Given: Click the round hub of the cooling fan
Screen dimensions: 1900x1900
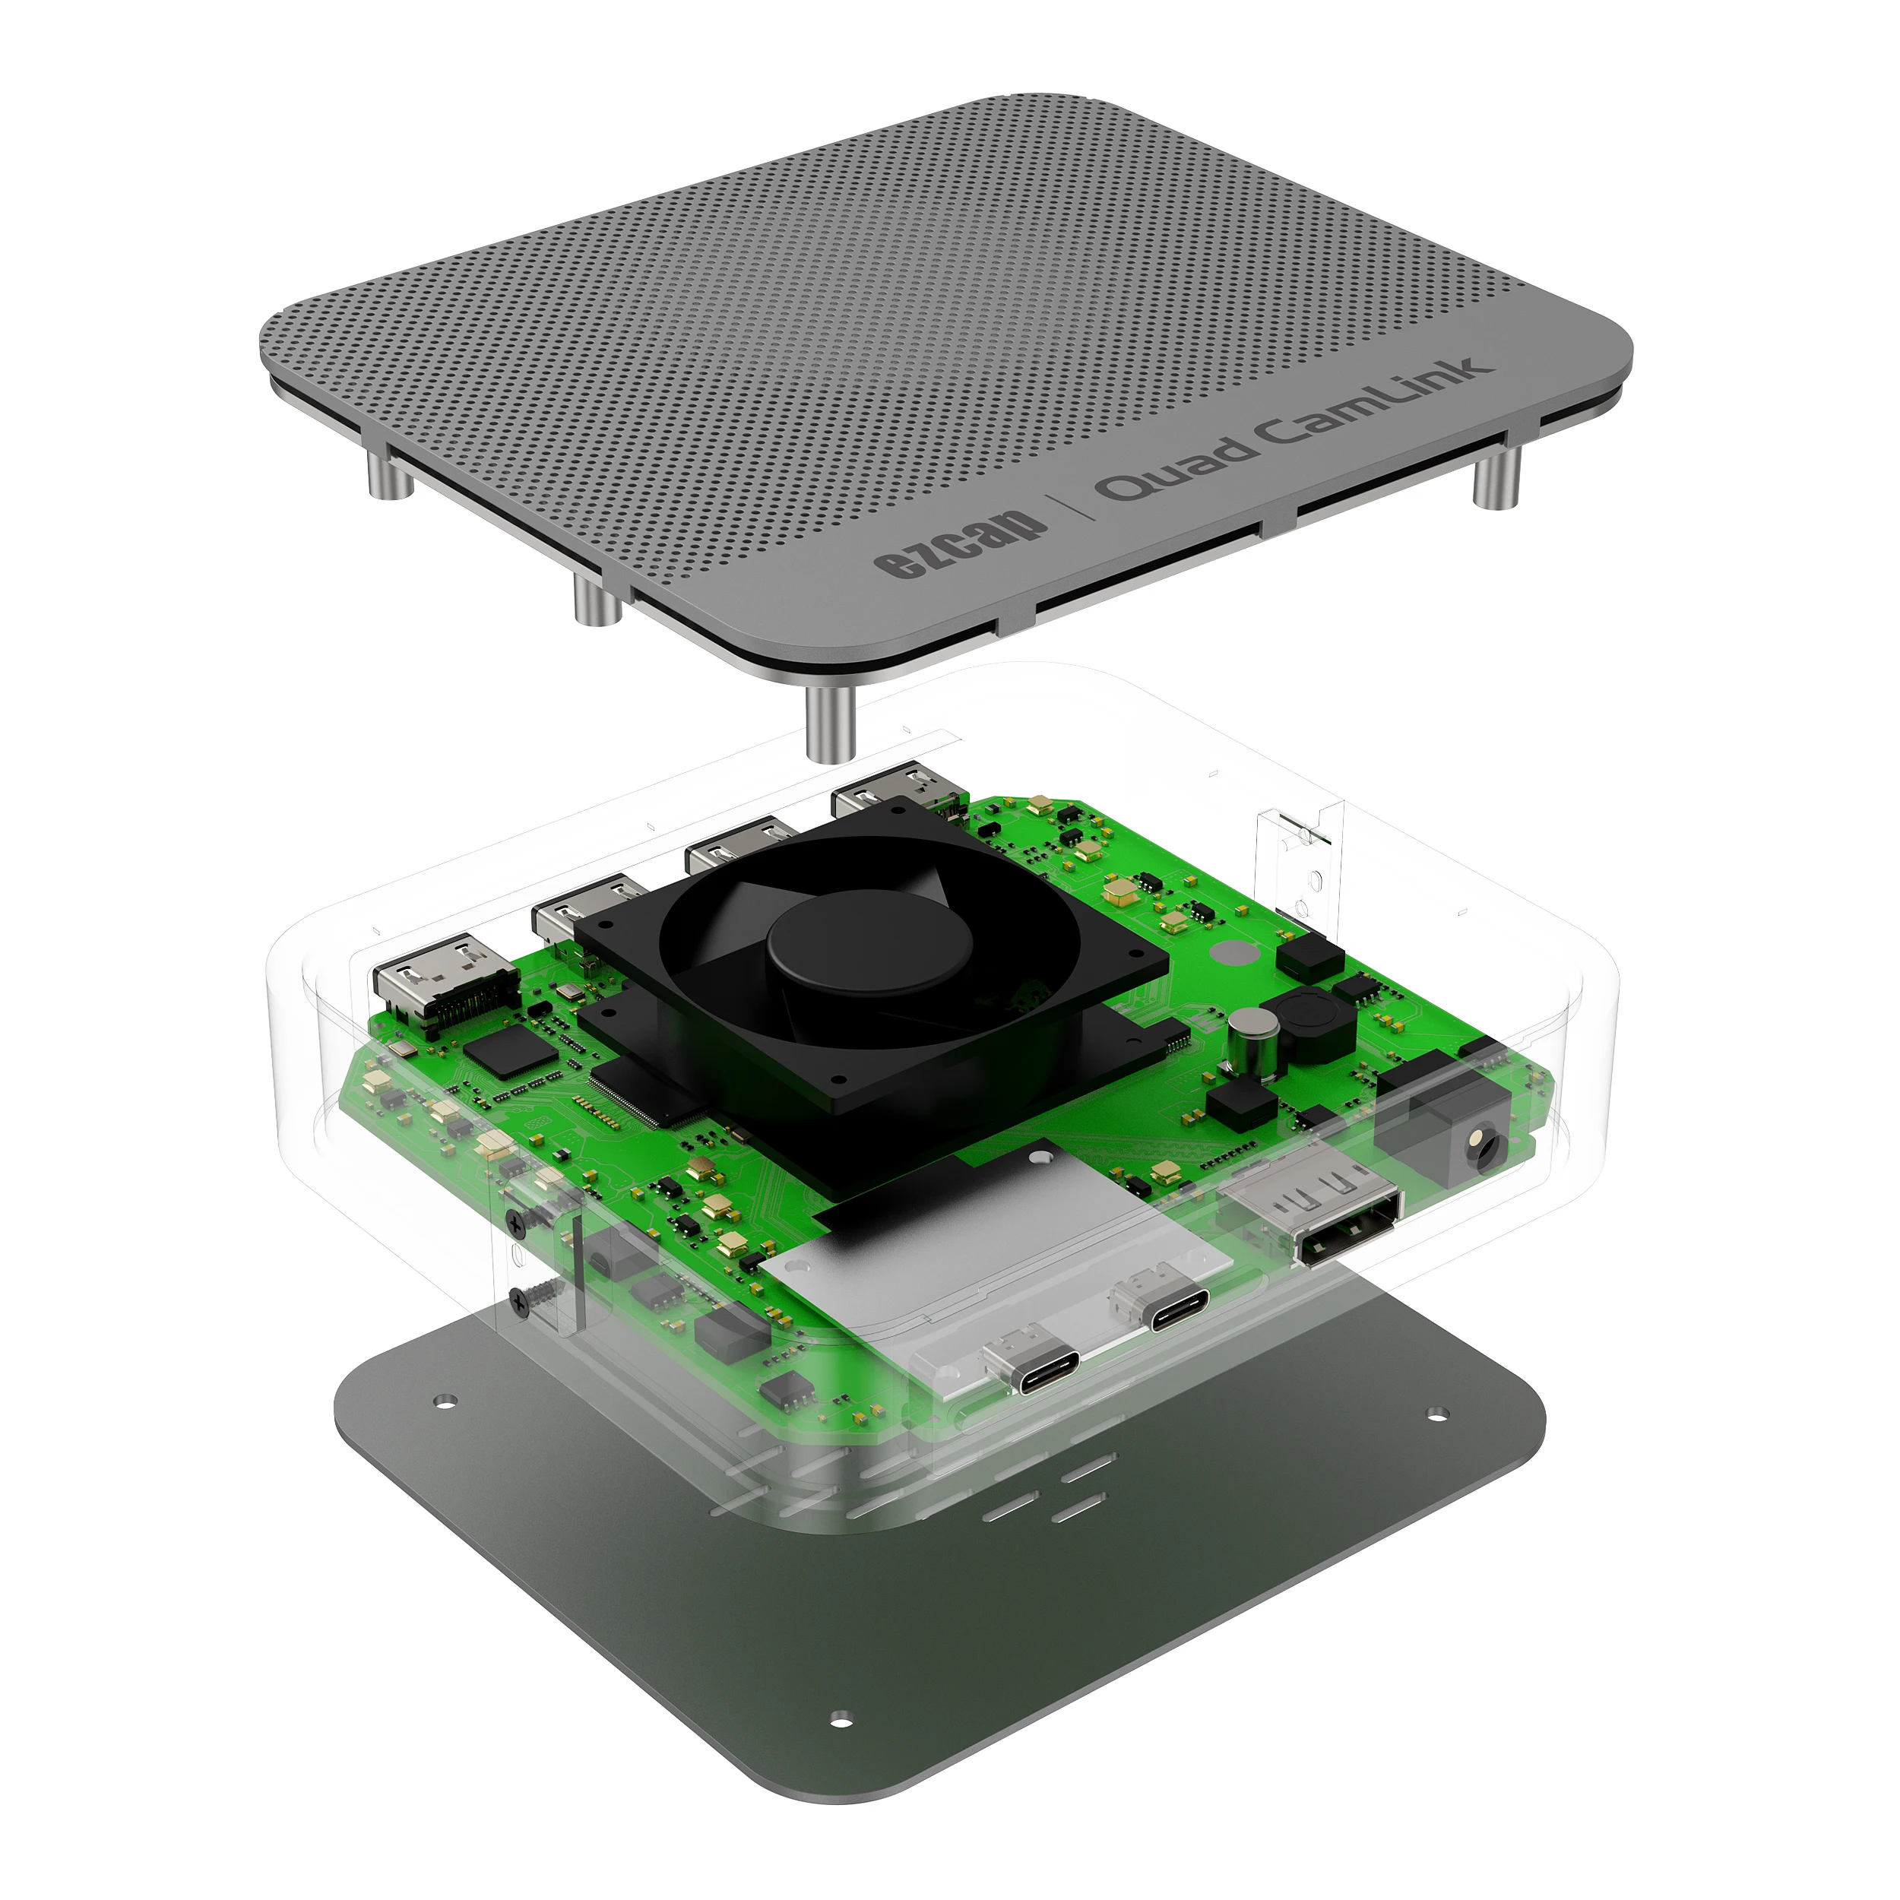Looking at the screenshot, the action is pos(869,942).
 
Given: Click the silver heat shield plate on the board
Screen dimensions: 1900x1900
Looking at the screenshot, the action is pos(993,1268).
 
